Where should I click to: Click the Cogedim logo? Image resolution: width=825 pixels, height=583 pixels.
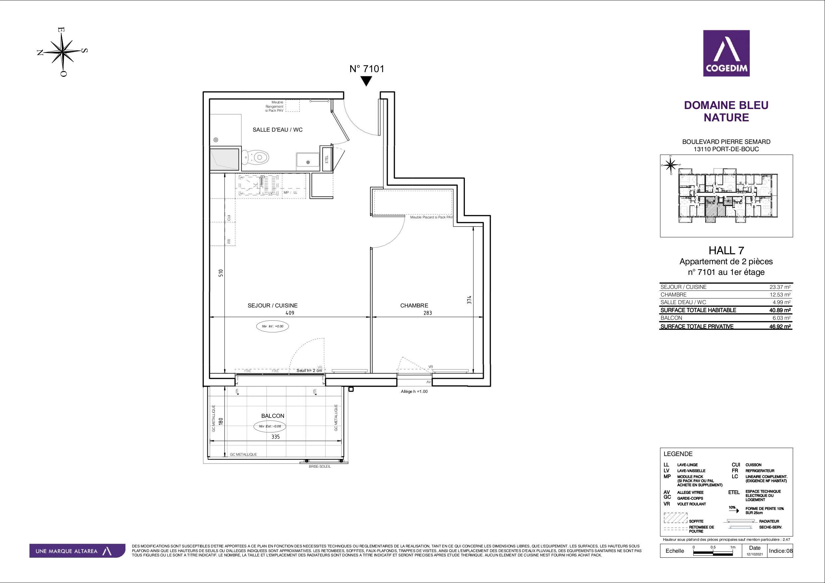tap(726, 53)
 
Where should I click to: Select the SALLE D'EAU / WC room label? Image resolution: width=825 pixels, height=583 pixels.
tap(277, 130)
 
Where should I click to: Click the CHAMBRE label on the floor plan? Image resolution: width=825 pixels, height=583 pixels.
tap(414, 305)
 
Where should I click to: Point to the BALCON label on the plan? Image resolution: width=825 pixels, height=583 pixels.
tap(273, 415)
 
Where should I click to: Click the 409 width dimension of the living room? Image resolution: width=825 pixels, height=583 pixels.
tap(290, 313)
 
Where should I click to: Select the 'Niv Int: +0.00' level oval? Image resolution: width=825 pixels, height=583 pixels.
tap(272, 326)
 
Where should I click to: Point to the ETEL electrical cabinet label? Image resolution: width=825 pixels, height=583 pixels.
tap(327, 159)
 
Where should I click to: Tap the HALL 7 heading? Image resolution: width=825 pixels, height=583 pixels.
tap(726, 250)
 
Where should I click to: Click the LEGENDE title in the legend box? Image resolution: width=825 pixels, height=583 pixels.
tap(678, 454)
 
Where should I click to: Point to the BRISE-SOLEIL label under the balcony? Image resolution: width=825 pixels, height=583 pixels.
tap(320, 466)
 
